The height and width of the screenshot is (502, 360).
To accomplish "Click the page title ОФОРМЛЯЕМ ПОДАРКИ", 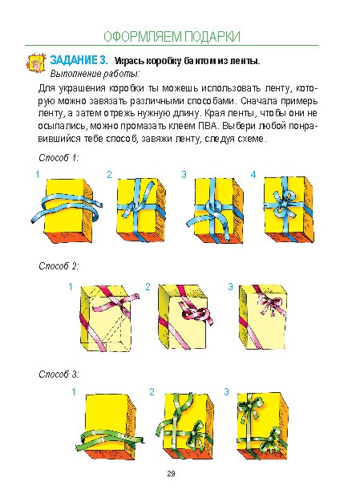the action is [x=172, y=37].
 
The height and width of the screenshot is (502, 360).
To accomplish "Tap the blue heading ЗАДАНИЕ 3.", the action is [x=79, y=60].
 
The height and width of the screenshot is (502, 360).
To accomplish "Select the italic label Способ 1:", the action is [x=59, y=158].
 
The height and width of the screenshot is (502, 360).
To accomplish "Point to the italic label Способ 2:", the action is [x=59, y=266].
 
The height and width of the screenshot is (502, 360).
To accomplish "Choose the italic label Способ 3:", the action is [x=59, y=374].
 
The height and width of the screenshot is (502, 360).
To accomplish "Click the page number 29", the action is [x=171, y=473].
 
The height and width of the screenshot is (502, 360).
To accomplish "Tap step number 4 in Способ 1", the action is [x=253, y=175].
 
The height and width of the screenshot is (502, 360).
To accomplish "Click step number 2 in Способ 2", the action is [x=148, y=287].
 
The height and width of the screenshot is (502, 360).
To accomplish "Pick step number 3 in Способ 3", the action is [x=226, y=391].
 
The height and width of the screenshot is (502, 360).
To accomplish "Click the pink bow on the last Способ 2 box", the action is [x=271, y=305].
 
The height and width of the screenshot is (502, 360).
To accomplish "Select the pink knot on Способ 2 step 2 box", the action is [x=196, y=314].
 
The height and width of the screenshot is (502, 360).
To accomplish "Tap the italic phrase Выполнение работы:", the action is [x=95, y=74].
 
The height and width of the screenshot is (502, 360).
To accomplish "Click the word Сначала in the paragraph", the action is [x=259, y=101].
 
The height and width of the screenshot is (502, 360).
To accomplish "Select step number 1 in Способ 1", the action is [x=38, y=175].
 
